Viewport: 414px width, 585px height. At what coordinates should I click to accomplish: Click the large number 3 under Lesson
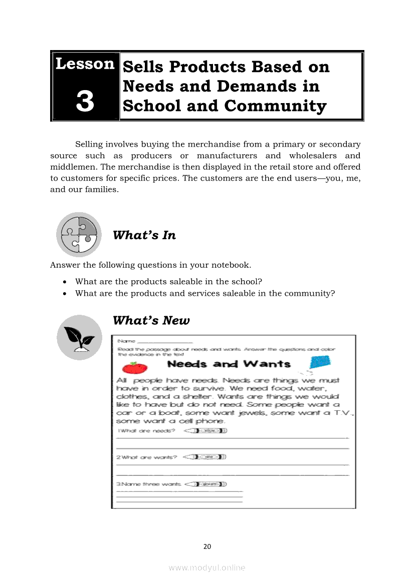85,101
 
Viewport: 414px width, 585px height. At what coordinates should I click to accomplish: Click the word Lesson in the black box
85,64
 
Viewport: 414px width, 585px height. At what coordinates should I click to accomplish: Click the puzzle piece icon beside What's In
79,234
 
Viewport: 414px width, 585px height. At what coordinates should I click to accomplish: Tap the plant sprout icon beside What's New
79,337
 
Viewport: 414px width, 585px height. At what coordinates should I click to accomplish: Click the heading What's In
144,235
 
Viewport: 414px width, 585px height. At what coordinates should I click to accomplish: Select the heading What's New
151,320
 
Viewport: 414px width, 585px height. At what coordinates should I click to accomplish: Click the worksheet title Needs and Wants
229,364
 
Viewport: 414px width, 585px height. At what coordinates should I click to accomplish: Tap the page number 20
207,546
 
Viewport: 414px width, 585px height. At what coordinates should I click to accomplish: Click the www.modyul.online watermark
207,567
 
